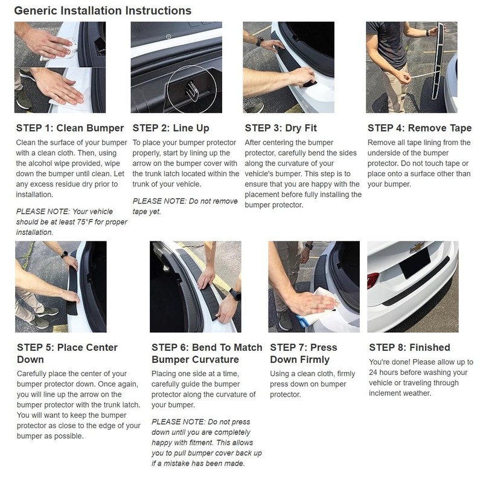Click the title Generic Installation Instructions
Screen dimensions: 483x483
coord(103,10)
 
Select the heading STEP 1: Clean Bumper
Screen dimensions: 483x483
coord(70,128)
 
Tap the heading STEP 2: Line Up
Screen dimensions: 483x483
coord(171,128)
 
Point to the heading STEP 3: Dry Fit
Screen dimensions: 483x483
coord(281,128)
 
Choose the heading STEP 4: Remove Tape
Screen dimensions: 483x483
coord(420,128)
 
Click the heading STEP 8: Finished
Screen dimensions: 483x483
coord(409,347)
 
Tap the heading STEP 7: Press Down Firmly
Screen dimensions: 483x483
coord(304,353)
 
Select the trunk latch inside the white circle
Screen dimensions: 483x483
coord(191,91)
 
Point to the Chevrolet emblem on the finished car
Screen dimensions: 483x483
coord(415,247)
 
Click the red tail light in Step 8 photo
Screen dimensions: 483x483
coord(373,280)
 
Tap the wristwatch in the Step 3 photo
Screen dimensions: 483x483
coord(260,41)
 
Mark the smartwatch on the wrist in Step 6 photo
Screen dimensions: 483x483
coord(235,295)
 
